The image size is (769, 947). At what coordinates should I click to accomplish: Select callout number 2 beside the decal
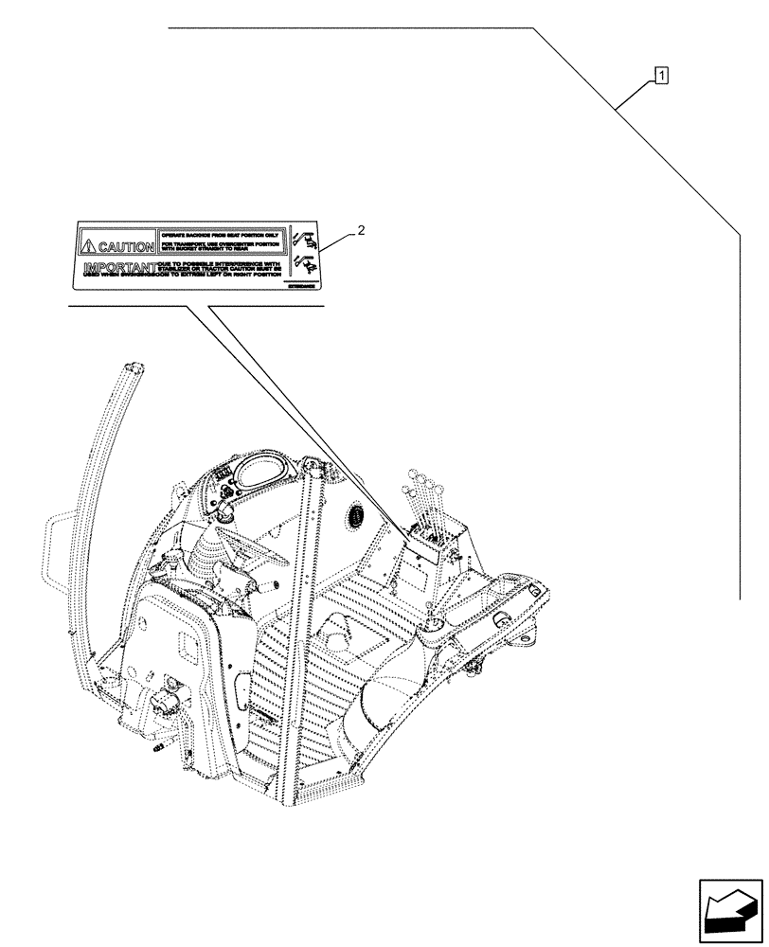(360, 229)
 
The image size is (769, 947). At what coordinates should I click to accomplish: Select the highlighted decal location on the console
(422, 540)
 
